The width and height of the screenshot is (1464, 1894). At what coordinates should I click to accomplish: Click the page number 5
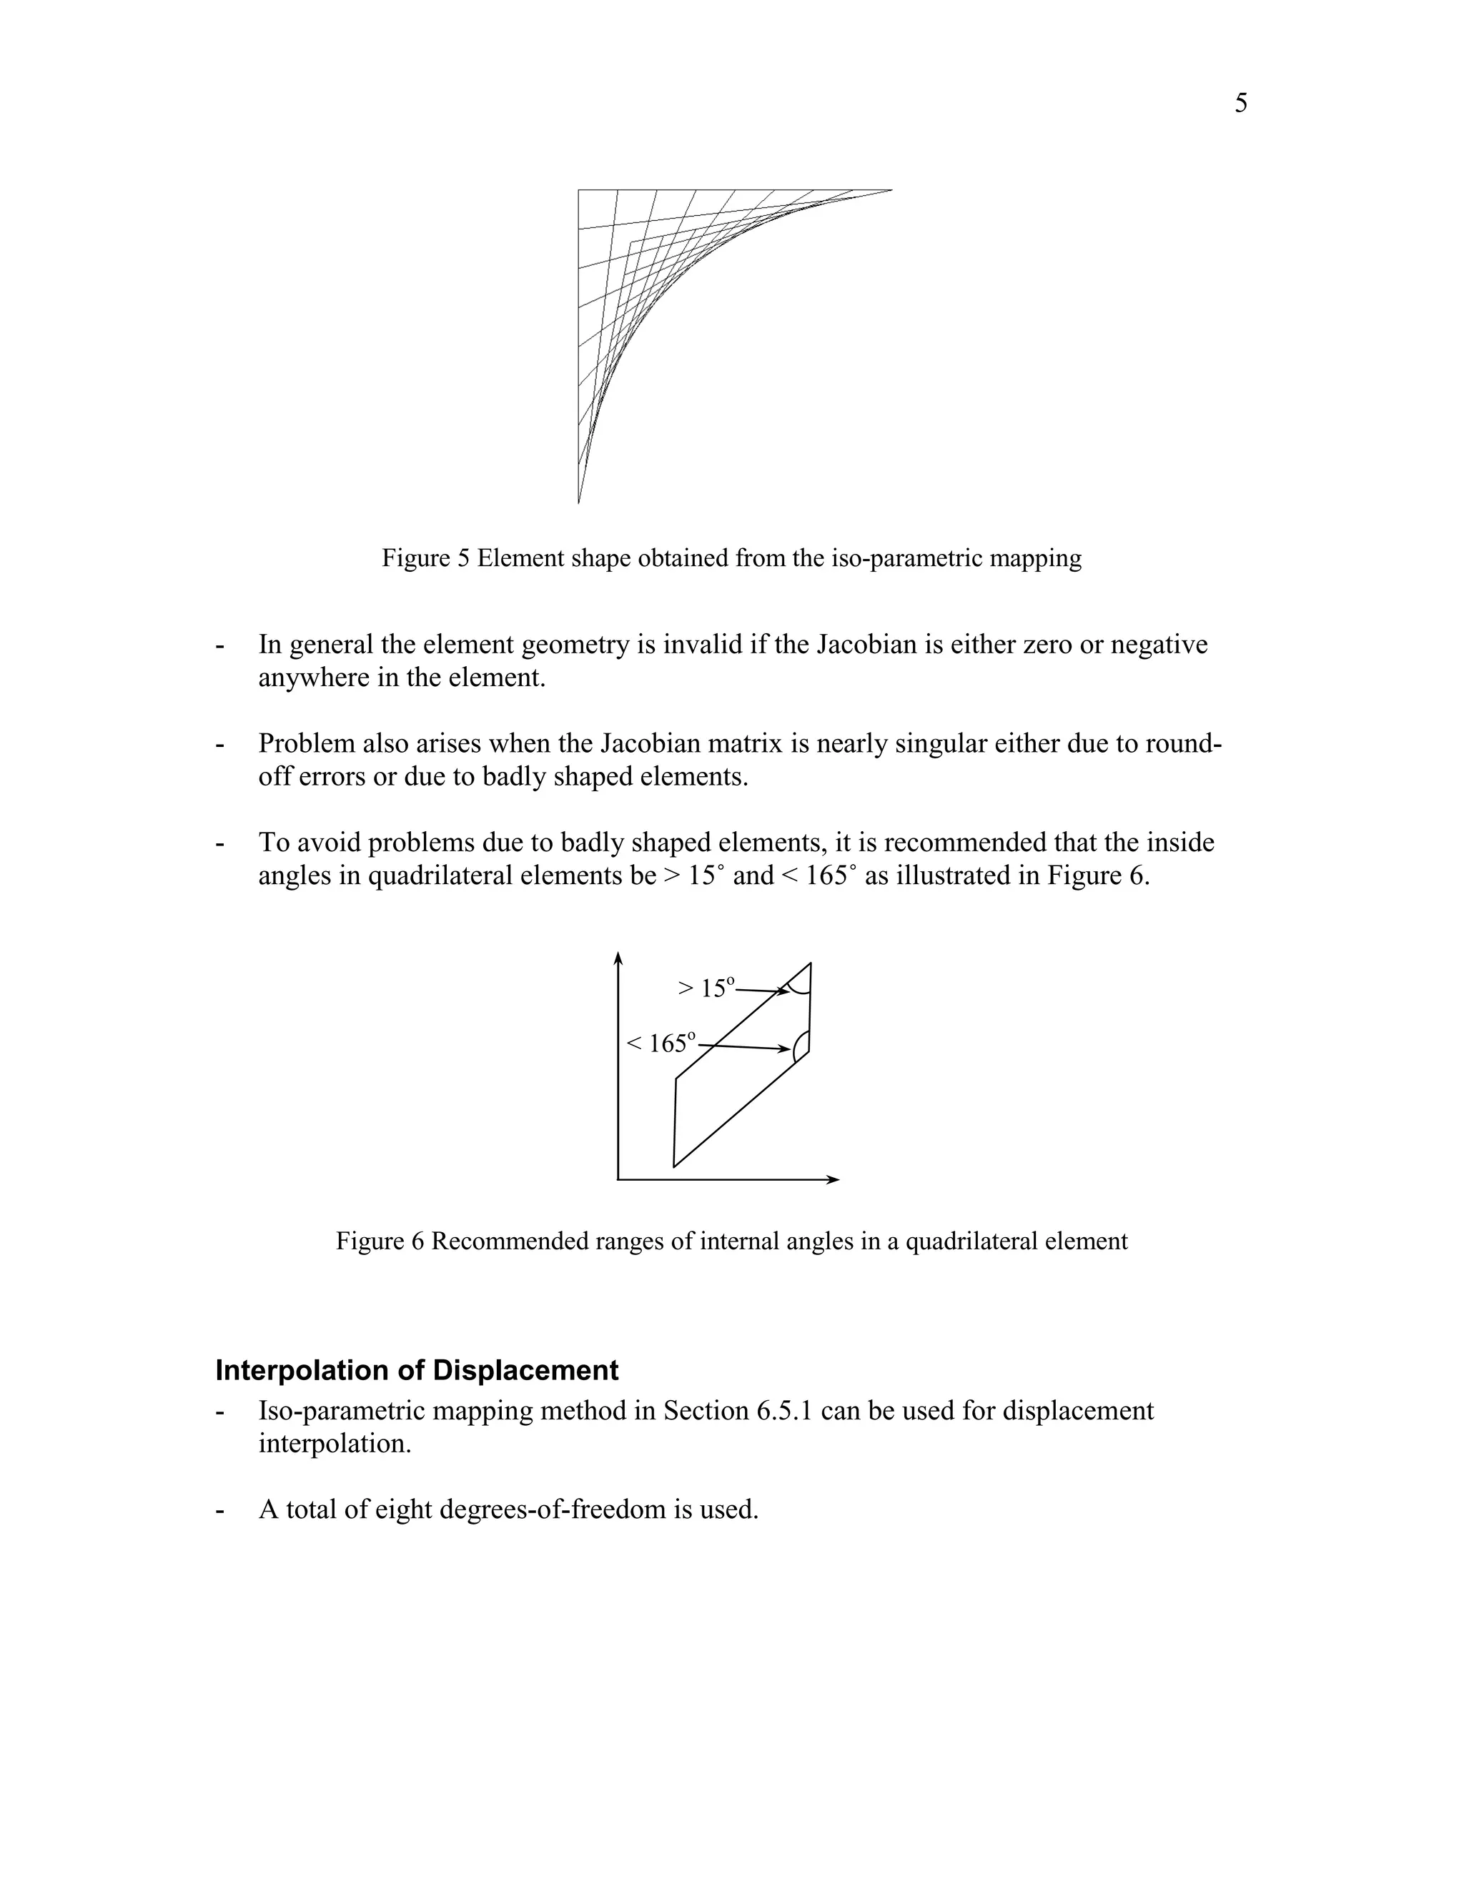[1240, 103]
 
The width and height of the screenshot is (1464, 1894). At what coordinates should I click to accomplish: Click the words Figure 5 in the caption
[425, 557]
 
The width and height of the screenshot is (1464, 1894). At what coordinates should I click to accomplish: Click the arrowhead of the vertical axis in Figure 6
[618, 958]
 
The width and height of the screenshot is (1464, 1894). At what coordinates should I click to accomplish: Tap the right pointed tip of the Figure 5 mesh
[890, 190]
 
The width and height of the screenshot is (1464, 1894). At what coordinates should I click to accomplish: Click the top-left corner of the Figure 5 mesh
[579, 190]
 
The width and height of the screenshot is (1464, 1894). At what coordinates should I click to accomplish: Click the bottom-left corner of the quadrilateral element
[674, 1166]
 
